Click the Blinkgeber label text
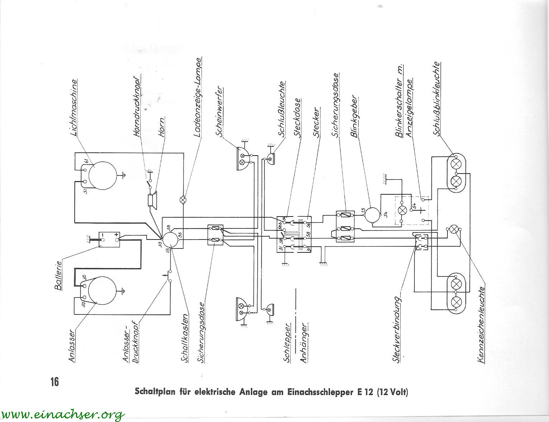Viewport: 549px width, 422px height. coord(355,116)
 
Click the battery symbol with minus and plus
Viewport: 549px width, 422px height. coord(109,239)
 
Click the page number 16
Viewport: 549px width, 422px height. coord(55,381)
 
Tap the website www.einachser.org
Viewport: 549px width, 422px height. coord(63,414)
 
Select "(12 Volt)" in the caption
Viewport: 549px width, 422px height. coord(393,392)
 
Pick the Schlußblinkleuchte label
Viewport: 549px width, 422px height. coord(436,99)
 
